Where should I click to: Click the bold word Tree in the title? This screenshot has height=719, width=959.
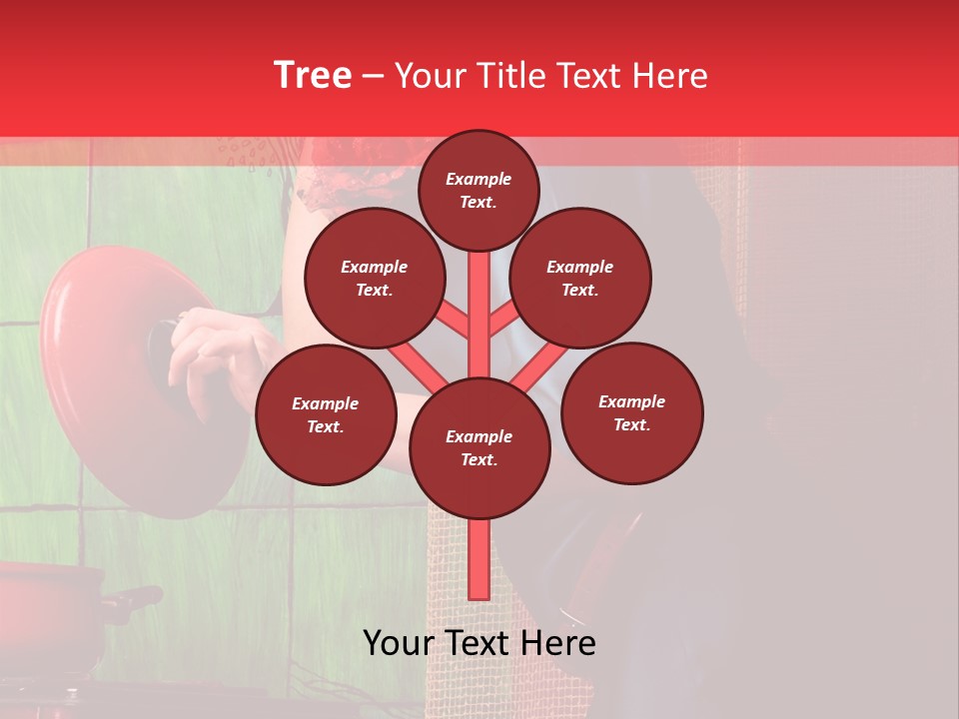point(313,76)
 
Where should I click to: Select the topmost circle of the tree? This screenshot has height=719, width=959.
point(479,190)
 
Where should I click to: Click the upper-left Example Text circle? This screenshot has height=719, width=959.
point(375,279)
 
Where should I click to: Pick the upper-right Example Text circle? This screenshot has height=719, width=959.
point(580,279)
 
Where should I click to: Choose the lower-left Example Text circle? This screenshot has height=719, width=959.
point(326,415)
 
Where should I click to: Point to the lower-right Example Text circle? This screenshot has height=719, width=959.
point(631,412)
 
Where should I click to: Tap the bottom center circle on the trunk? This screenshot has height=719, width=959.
point(479,448)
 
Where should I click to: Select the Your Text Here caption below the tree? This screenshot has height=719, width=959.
point(479,643)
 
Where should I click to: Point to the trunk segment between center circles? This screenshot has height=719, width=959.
point(479,310)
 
